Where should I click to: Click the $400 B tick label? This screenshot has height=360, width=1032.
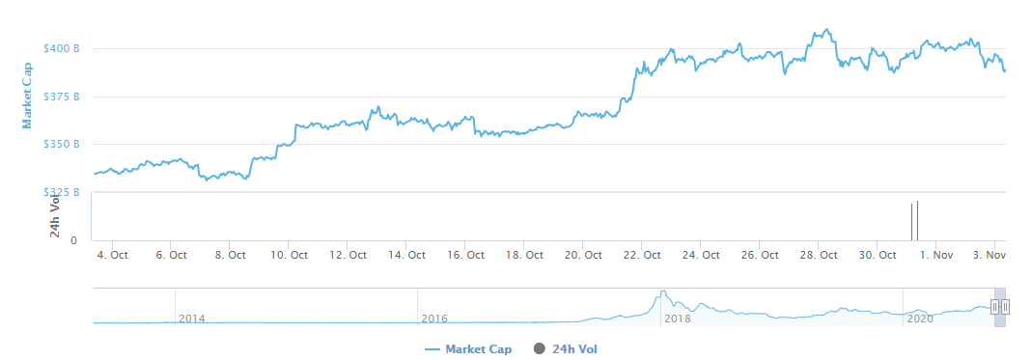coord(62,48)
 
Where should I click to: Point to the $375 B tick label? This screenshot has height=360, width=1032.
coord(62,97)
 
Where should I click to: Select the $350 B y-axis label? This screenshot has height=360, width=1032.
coord(62,144)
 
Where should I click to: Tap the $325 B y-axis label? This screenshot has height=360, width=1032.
coord(62,192)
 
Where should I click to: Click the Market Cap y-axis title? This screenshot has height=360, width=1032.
coord(27,95)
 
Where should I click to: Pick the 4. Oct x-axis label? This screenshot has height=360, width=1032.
coord(112,255)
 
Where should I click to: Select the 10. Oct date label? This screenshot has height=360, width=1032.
coord(289,255)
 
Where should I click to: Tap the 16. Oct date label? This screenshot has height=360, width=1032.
coord(465,255)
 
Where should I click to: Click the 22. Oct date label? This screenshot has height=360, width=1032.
coord(642,255)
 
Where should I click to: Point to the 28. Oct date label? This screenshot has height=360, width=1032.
coord(819,255)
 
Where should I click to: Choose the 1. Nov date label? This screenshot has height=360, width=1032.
coord(937,255)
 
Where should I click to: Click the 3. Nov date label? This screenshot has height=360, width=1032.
coord(990,255)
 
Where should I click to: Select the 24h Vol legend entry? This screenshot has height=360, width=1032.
coord(574,348)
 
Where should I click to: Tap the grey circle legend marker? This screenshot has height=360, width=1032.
coord(539,348)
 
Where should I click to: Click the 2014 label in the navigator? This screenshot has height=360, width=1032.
coord(192,318)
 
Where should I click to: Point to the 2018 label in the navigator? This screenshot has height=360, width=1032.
coord(678,318)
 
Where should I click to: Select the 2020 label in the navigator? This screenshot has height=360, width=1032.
coord(920,318)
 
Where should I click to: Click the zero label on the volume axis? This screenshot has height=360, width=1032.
coord(74,239)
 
